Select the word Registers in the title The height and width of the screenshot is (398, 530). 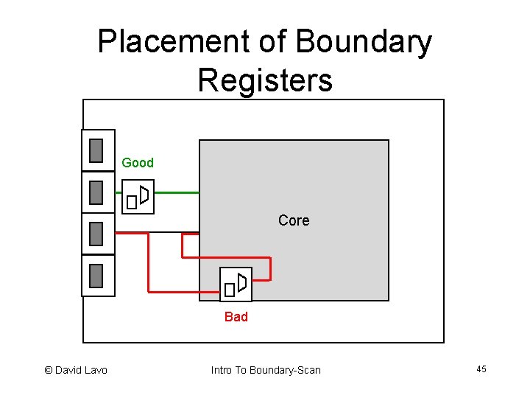point(265,80)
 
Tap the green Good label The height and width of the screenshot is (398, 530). point(138,163)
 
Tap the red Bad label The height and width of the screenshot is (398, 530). point(236,317)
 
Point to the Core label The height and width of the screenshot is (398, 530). point(294,220)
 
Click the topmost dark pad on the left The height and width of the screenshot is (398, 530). point(96,150)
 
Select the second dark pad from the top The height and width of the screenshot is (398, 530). point(96,192)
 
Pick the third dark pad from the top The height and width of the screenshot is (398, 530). point(96,234)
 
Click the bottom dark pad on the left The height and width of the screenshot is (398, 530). point(96,276)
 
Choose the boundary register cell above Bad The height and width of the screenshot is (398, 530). point(236,284)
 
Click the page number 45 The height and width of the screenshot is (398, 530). point(481,369)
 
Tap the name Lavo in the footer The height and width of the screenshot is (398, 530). point(93,370)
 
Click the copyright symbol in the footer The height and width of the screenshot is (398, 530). point(49,370)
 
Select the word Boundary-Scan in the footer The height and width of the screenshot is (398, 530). point(286,370)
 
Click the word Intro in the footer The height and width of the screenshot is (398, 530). point(222,370)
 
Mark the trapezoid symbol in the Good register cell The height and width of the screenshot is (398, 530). point(144,195)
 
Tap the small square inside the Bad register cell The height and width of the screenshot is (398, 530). point(229,290)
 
